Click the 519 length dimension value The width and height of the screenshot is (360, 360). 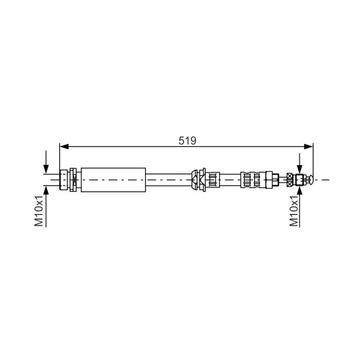coord(187,141)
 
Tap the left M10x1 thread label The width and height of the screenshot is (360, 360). coord(39,212)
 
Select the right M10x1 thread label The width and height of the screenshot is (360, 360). coord(294,212)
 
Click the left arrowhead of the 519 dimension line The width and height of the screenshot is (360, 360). coord(64,147)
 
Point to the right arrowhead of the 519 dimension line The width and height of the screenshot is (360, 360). coord(309,147)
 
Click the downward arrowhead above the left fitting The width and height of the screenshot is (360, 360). coord(46,169)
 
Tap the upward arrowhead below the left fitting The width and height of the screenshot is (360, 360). coord(46,190)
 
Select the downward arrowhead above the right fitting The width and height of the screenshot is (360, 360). coord(299,170)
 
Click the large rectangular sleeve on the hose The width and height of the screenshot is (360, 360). coord(114,180)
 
